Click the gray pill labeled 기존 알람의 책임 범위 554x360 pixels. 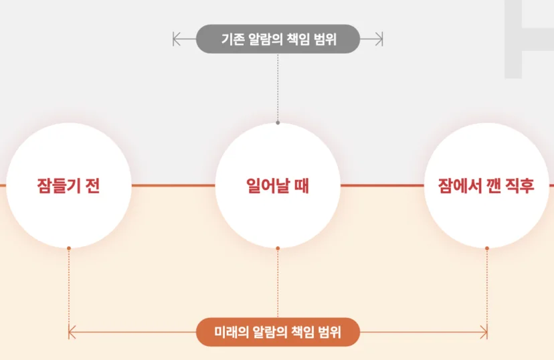pos(278,39)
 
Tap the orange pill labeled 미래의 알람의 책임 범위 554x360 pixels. pos(278,332)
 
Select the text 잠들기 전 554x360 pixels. pos(68,186)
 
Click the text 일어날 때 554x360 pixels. pos(278,186)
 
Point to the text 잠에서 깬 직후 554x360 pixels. pos(486,186)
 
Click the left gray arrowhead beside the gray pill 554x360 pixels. pos(177,39)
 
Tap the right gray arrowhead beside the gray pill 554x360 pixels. pos(379,39)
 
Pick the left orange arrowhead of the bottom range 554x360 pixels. pos(72,332)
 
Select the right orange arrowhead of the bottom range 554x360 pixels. pos(484,332)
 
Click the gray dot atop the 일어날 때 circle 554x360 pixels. pos(278,122)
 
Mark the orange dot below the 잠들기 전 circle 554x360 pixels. pos(69,248)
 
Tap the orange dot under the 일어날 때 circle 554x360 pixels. pos(278,248)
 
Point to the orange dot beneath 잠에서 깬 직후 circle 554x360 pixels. pos(487,248)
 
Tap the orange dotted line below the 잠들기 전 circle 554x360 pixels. pos(69,290)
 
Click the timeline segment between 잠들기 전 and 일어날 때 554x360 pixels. pos(173,185)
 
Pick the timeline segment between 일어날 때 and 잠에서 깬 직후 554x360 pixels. pos(382,185)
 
